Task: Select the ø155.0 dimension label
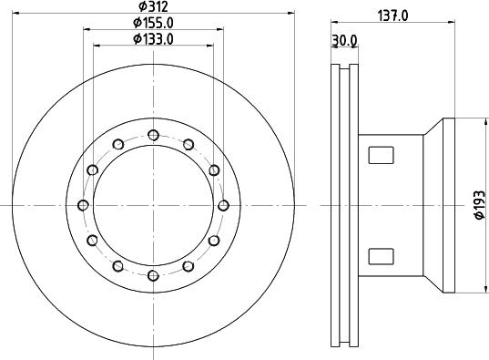pos(151,22)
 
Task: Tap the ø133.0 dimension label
pos(151,38)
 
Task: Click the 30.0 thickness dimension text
pos(345,40)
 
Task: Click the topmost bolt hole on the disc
pos(152,135)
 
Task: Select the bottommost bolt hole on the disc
pos(152,273)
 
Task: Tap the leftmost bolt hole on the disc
pos(84,204)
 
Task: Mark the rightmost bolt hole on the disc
pos(221,204)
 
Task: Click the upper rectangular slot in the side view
pos(379,156)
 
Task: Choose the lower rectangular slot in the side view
pos(379,256)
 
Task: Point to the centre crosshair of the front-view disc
pos(152,204)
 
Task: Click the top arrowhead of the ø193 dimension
pos(480,120)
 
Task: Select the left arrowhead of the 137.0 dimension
pos(333,21)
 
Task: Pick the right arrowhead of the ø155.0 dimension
pos(218,30)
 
